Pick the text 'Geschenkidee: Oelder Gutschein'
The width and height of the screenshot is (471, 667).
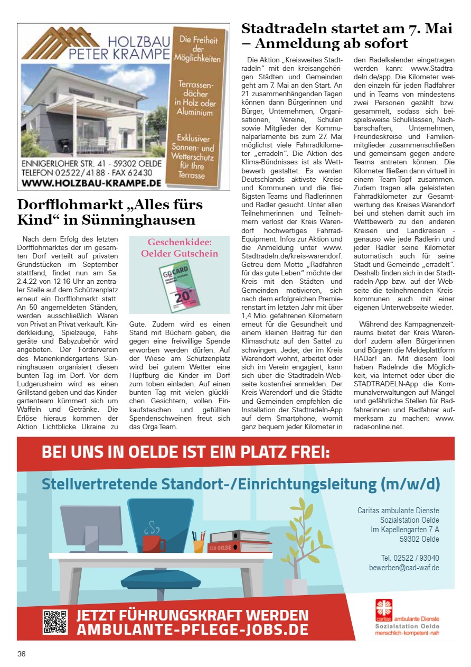[179, 248]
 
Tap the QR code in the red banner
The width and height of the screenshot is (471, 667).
[55, 622]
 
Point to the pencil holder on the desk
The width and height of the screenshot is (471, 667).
[198, 543]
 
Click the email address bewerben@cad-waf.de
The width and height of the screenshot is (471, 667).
[404, 568]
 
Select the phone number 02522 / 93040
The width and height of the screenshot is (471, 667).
[410, 558]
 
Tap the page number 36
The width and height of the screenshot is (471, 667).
[22, 654]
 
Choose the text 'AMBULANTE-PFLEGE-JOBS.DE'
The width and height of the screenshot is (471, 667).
[192, 630]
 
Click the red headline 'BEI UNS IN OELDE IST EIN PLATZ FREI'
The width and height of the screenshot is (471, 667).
[186, 452]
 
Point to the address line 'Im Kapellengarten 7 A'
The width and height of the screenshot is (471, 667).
[404, 530]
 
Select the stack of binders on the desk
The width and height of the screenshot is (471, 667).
[233, 541]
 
